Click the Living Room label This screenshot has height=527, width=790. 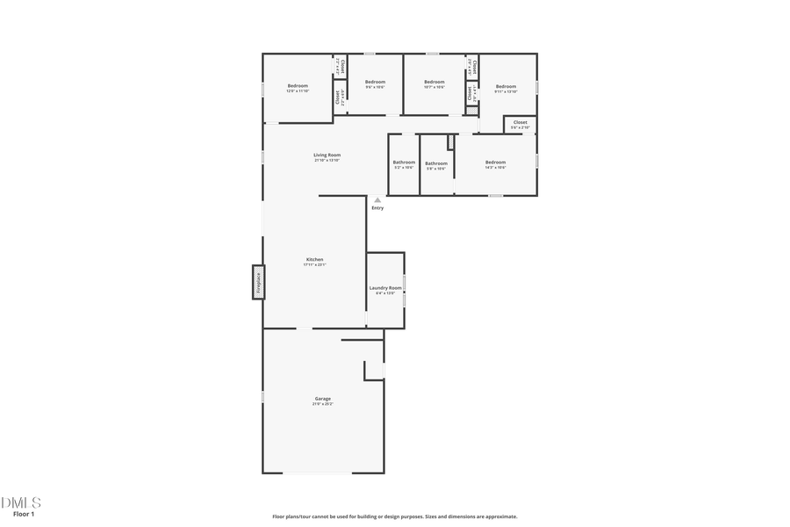click(327, 155)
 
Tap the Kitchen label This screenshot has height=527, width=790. click(314, 259)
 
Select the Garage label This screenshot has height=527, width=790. click(322, 399)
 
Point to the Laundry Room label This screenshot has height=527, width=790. click(385, 288)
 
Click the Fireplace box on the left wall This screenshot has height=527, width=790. click(259, 282)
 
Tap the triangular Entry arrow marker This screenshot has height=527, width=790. click(377, 200)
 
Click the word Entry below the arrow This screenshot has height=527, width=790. click(377, 208)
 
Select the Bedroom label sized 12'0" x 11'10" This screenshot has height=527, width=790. click(297, 86)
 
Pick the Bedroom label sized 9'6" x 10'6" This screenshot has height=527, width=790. click(375, 82)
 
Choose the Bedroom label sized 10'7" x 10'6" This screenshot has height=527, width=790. click(434, 82)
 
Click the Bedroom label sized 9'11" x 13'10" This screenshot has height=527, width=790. click(506, 86)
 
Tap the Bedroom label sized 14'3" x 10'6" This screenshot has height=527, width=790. click(496, 162)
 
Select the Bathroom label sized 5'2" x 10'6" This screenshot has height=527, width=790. click(404, 162)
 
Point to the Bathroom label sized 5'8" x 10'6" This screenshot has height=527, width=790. click(436, 163)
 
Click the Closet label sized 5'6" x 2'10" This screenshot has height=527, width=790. click(521, 122)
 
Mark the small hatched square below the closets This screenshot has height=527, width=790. click(471, 111)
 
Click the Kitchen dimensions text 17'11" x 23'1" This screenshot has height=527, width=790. click(314, 264)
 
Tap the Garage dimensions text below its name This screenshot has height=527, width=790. click(322, 404)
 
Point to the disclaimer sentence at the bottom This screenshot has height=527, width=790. click(394, 516)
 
